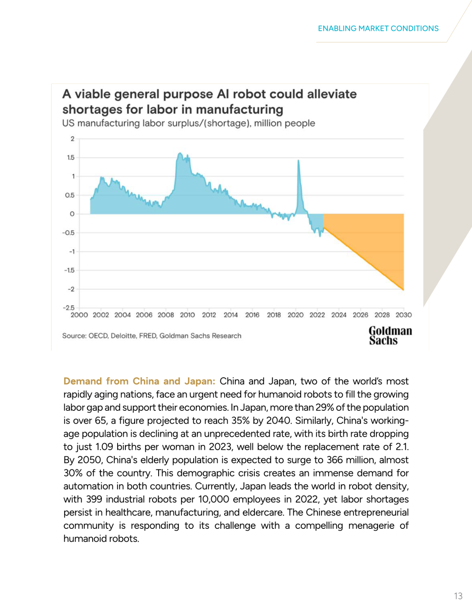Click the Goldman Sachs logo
[390, 336]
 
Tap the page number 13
[458, 596]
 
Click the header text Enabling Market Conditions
[378, 28]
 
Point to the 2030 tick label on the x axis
[403, 315]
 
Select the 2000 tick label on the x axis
[79, 315]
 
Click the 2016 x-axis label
[252, 315]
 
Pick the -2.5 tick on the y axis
[69, 308]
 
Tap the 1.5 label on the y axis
[71, 157]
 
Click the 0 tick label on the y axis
[72, 214]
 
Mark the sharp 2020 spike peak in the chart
[298, 161]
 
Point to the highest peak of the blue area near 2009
[180, 154]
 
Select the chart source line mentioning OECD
[152, 336]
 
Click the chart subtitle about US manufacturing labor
[188, 123]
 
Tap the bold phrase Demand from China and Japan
[139, 381]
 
